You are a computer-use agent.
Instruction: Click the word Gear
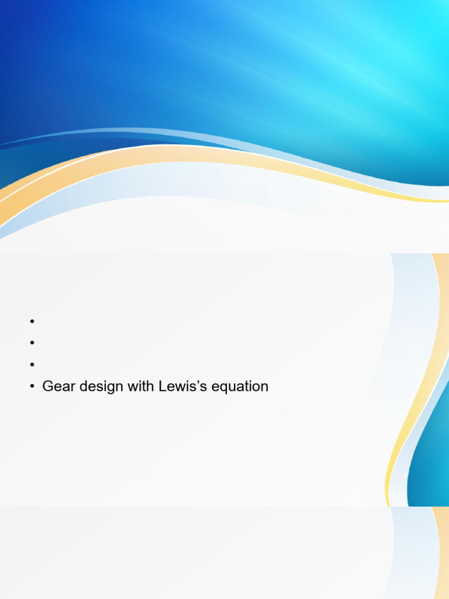coord(57,387)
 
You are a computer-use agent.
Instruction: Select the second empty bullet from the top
coord(32,343)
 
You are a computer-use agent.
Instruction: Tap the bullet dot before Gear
coord(32,387)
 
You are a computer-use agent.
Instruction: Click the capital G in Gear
coord(48,387)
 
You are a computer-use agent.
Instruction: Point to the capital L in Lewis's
coord(161,387)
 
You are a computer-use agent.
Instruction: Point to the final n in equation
coord(264,387)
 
